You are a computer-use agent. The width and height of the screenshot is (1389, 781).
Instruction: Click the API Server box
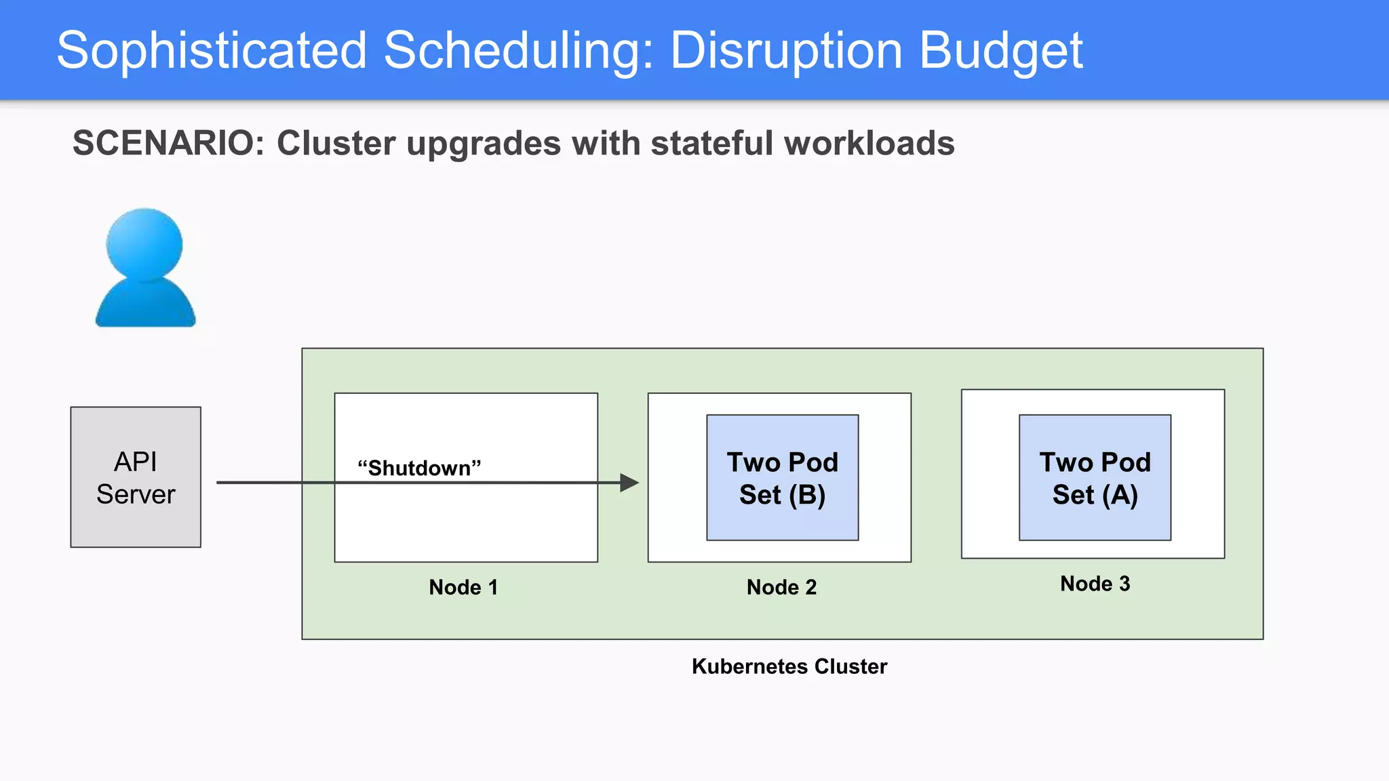pos(136,477)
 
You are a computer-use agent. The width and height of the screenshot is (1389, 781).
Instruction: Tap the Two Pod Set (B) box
pos(782,478)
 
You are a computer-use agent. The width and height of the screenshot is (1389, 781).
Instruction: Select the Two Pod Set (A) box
pos(1095,478)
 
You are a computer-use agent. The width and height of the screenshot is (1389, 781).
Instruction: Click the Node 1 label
pos(463,587)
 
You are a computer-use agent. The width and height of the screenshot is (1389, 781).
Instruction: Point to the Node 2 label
pos(781,587)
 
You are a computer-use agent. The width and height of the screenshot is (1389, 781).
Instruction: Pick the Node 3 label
pos(1095,584)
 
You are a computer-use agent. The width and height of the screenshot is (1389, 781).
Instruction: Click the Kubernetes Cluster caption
pos(789,666)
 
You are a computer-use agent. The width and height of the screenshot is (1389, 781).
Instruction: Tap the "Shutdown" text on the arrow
pos(419,468)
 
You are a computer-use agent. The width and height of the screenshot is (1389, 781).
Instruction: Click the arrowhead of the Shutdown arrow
pos(629,483)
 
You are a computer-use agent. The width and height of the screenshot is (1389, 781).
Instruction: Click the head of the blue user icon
pos(144,244)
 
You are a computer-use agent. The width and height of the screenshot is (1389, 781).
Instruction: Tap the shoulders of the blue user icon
pos(145,305)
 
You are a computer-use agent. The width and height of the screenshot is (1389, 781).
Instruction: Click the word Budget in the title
pos(1000,51)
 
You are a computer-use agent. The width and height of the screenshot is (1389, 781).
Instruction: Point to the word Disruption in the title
pos(786,51)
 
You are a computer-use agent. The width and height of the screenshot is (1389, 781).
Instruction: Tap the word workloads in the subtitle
pos(869,144)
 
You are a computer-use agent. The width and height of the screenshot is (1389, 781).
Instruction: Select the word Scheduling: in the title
pos(518,51)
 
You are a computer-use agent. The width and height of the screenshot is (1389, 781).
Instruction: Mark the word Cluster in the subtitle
pos(336,144)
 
